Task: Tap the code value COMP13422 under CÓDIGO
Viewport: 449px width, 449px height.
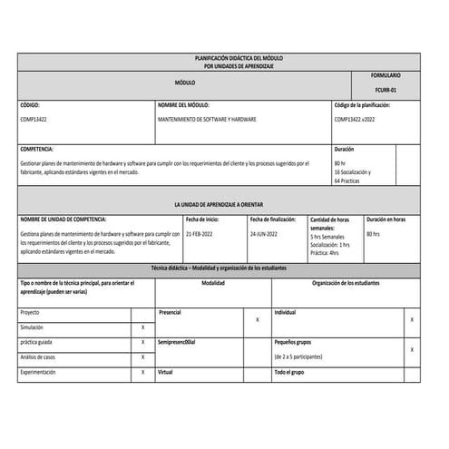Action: click(34, 119)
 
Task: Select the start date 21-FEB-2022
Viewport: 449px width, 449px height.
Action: click(200, 233)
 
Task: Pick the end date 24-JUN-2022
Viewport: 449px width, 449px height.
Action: click(265, 233)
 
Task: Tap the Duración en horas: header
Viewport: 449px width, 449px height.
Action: click(386, 219)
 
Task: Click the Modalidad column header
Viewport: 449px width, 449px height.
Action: click(213, 283)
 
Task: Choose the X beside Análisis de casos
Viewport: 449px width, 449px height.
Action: click(143, 356)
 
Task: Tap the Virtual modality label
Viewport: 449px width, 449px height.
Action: click(165, 372)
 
